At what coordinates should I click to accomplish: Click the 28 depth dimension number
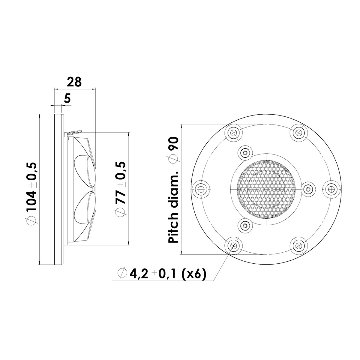tap(74, 82)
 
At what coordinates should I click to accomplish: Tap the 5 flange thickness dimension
tap(68, 98)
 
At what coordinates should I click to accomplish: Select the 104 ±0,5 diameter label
tap(32, 194)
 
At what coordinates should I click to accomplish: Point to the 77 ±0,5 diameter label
tap(122, 189)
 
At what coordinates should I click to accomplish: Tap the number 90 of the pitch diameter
tap(174, 145)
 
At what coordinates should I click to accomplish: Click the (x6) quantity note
tap(194, 274)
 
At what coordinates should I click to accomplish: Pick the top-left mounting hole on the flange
tap(233, 133)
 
